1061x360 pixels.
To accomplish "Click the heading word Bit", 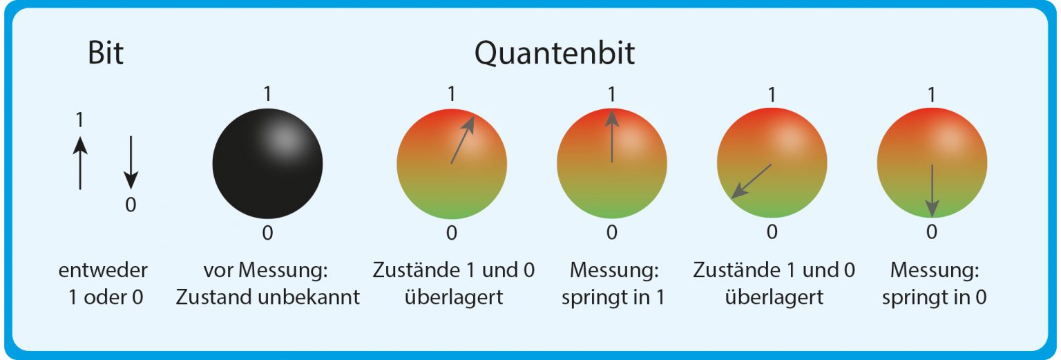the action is click(x=106, y=53).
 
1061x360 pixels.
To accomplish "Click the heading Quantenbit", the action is click(x=554, y=53).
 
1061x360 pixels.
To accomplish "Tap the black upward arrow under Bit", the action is click(x=80, y=163).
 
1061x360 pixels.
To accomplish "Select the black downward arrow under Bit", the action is click(x=131, y=163).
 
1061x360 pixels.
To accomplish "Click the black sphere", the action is click(x=267, y=164).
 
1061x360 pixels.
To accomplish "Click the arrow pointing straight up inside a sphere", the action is click(x=612, y=136).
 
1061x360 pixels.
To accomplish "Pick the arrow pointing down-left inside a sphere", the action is click(x=752, y=182).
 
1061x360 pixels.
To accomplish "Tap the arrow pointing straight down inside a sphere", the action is click(x=932, y=191).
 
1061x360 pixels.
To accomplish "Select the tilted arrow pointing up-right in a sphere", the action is click(x=462, y=140).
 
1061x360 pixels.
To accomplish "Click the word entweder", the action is click(x=103, y=270).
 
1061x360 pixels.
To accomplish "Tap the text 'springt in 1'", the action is click(x=613, y=298).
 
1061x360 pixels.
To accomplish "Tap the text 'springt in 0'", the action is click(x=934, y=298).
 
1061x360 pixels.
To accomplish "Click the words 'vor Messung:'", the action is click(x=266, y=270).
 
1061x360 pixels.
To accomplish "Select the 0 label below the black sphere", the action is click(x=267, y=233).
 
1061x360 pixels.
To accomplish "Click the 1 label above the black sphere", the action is click(x=267, y=94).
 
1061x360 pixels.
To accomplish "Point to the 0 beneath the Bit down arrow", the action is click(x=131, y=205).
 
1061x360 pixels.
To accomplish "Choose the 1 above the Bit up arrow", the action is click(x=79, y=120).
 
